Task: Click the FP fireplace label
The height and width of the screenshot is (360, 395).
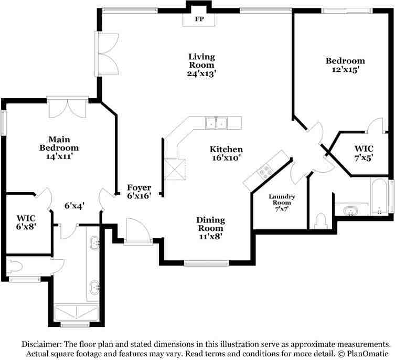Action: (199, 19)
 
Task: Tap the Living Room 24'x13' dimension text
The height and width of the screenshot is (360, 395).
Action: (201, 74)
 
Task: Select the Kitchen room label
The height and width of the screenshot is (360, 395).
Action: (226, 149)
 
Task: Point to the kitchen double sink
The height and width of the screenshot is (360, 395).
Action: (216, 123)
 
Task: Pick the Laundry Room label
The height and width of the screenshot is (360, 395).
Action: (282, 199)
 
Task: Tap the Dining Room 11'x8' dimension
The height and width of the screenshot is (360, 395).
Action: (210, 237)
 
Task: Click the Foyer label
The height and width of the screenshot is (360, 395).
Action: (139, 187)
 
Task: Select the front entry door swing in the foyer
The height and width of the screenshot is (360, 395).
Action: (138, 231)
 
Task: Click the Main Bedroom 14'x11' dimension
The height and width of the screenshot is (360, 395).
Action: (59, 156)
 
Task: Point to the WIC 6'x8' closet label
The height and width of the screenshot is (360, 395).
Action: (26, 222)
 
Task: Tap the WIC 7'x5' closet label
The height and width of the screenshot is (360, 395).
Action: (364, 153)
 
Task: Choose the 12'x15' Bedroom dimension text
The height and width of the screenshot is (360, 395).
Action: (345, 69)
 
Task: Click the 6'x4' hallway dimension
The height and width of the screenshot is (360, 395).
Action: (74, 206)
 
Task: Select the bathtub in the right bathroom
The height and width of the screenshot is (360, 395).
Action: (379, 197)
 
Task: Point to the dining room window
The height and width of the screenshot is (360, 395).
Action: (206, 263)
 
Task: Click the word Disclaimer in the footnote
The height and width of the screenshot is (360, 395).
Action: (41, 344)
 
